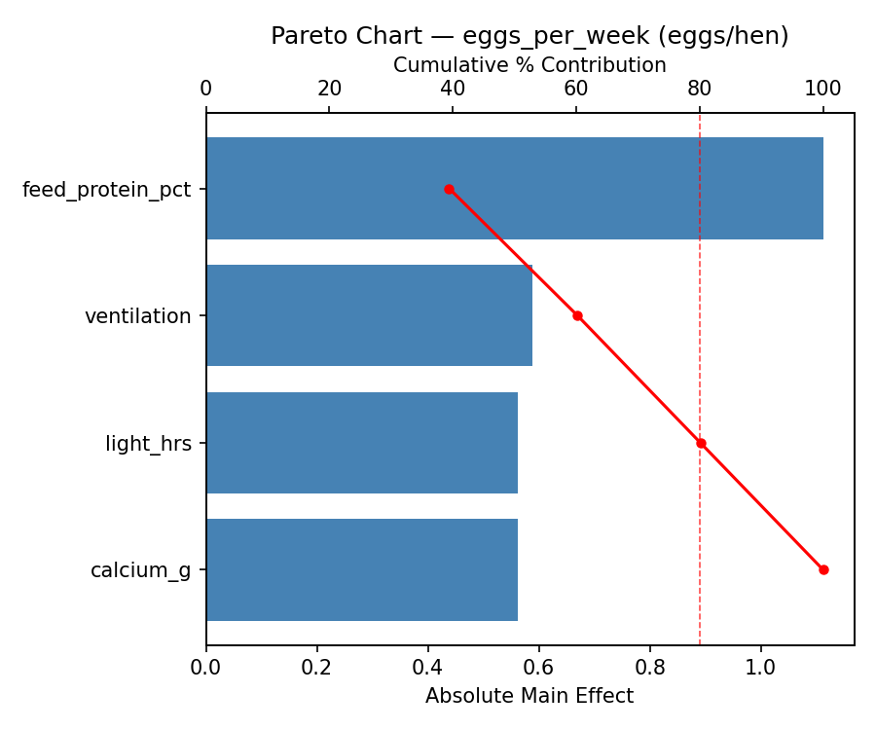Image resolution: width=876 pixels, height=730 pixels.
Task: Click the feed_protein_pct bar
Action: [514, 189]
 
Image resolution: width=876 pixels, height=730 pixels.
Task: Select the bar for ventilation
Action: [369, 315]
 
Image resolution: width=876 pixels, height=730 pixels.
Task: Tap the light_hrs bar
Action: [361, 443]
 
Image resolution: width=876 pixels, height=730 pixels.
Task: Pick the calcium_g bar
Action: [361, 569]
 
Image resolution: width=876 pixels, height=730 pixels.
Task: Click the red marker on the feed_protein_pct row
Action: [449, 189]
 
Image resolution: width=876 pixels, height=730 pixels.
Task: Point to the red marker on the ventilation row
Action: [577, 315]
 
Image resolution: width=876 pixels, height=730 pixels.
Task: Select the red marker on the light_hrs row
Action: [701, 443]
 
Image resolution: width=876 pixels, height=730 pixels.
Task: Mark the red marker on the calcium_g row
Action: [823, 569]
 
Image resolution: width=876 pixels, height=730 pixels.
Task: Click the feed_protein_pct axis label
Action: [106, 190]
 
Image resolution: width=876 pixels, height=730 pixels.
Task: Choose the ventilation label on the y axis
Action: [137, 316]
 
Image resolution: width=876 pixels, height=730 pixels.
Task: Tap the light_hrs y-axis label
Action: [148, 444]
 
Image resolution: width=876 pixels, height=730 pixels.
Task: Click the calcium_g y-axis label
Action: [140, 570]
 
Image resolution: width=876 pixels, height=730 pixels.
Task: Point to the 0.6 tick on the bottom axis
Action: [538, 669]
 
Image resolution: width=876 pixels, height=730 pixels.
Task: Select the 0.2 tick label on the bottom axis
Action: [316, 669]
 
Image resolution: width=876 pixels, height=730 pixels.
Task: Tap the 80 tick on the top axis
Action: [700, 90]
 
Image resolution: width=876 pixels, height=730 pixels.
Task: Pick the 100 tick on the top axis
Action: [823, 90]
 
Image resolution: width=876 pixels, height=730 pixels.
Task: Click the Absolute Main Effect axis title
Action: [529, 697]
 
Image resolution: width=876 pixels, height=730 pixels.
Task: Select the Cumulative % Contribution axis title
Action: [529, 65]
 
